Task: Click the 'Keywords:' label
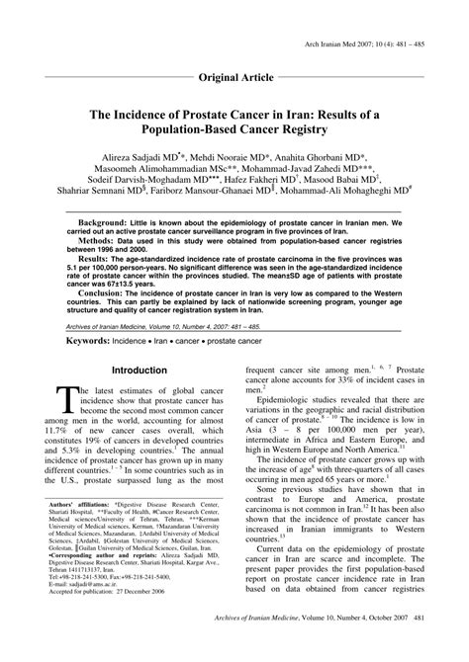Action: pyautogui.click(x=87, y=368)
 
